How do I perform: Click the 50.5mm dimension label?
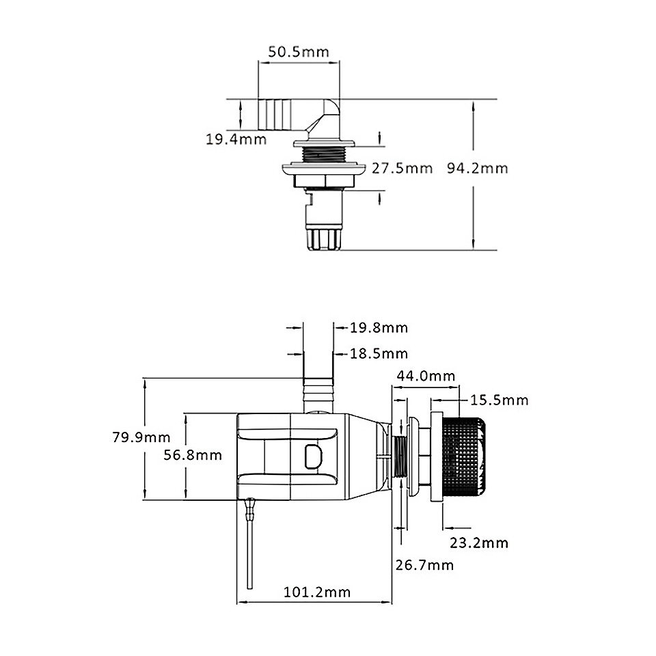pyautogui.click(x=298, y=51)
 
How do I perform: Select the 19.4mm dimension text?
pyautogui.click(x=236, y=140)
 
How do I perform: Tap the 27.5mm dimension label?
pyautogui.click(x=402, y=168)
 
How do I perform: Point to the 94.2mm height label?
pyautogui.click(x=478, y=168)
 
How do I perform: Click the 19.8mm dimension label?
pyautogui.click(x=379, y=328)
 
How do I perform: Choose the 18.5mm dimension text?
pyautogui.click(x=379, y=353)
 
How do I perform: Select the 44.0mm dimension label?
pyautogui.click(x=426, y=376)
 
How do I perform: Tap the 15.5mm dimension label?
pyautogui.click(x=499, y=400)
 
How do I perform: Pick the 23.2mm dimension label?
pyautogui.click(x=479, y=543)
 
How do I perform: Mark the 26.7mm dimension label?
pyautogui.click(x=424, y=565)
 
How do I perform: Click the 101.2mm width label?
pyautogui.click(x=316, y=592)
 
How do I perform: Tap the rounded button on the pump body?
pyautogui.click(x=312, y=455)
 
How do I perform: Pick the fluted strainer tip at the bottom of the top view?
pyautogui.click(x=322, y=238)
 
